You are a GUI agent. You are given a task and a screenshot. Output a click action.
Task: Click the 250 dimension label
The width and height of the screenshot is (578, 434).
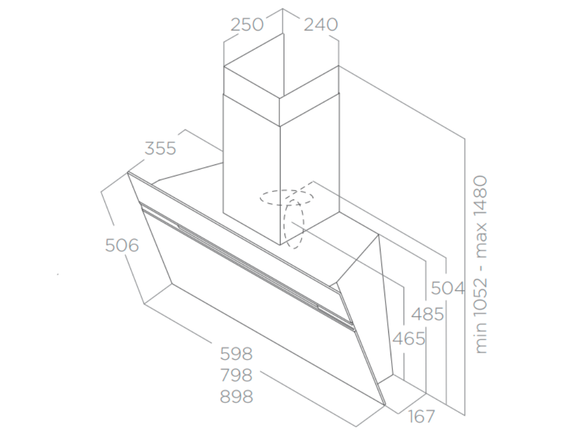[x=247, y=25]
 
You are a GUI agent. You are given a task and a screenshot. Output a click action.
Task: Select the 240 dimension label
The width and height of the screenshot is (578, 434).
[x=321, y=25]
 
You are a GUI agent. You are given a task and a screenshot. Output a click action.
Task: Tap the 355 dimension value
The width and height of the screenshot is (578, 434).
[x=160, y=148]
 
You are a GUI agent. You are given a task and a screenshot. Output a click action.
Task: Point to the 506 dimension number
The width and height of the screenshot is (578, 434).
[x=122, y=245]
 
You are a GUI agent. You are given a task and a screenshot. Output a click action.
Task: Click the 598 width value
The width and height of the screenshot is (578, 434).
[x=236, y=354]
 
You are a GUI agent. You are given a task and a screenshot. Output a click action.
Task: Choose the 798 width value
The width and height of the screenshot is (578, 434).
[x=236, y=375]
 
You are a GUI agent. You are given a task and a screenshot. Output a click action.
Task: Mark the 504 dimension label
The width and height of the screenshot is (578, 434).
[x=448, y=288]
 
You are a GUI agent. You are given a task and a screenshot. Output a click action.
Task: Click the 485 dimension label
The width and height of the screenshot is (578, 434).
[x=427, y=314]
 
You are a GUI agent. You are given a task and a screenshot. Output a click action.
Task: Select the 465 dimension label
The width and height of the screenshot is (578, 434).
[x=408, y=338]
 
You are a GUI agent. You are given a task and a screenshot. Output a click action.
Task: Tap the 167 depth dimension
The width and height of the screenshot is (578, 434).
[x=421, y=417]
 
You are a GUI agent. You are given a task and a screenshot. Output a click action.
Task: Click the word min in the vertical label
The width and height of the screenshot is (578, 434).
[x=480, y=341]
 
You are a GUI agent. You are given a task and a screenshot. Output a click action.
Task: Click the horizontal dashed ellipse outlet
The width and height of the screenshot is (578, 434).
[x=286, y=197]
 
